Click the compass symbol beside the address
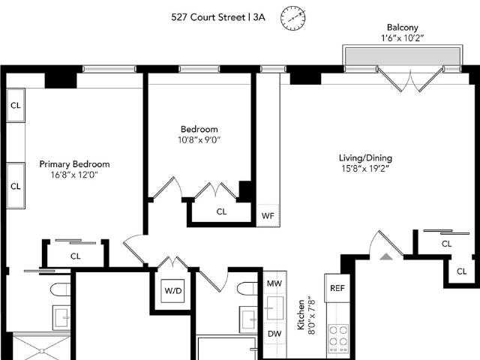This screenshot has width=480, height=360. (293, 18)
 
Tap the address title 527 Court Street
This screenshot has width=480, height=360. (208, 17)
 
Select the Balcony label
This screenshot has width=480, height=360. (402, 27)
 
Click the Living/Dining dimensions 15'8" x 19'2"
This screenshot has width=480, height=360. (365, 168)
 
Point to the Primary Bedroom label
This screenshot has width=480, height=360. (74, 164)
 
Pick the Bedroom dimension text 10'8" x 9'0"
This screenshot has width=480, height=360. (199, 140)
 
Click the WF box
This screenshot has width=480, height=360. (268, 215)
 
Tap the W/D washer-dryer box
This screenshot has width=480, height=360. (173, 291)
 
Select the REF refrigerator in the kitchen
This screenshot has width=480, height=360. (337, 288)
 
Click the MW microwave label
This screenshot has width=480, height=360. (274, 283)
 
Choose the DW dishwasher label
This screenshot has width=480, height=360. (274, 334)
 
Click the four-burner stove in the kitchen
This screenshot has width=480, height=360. (338, 338)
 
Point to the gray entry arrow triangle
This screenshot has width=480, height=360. (386, 256)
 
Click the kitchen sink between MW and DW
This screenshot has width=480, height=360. (275, 308)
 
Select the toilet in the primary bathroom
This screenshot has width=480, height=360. (60, 289)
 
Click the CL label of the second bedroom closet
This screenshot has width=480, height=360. (221, 211)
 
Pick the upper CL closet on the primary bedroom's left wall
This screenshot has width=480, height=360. (16, 105)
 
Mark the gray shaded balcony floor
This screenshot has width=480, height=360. (403, 56)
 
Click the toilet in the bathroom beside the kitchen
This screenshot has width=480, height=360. (247, 288)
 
